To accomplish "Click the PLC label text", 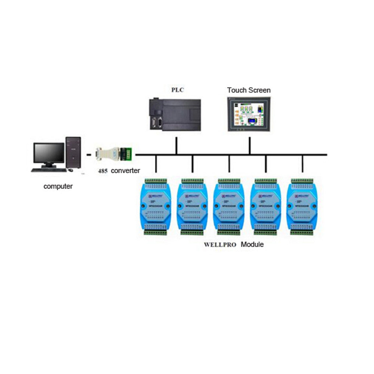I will tap(178, 90).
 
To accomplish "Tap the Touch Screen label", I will tap(249, 90).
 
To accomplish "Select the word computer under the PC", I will tap(58, 186).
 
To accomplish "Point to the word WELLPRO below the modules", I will tap(220, 245).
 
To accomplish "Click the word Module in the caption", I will tap(252, 245).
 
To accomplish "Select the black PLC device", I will tap(175, 114).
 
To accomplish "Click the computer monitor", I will tap(49, 154).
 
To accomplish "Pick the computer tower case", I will tap(73, 153).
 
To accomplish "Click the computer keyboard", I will tap(49, 170).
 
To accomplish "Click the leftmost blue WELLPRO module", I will tap(156, 207).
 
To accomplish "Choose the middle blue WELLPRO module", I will tap(229, 207).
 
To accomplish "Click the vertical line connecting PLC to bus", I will tap(176, 145).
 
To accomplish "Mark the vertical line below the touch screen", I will tap(249, 145).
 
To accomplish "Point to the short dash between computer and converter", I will tap(89, 154).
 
